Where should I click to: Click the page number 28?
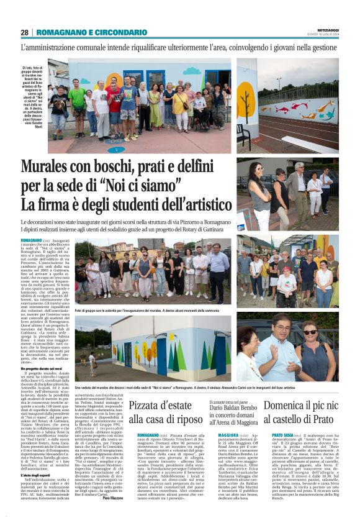click(25, 32)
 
